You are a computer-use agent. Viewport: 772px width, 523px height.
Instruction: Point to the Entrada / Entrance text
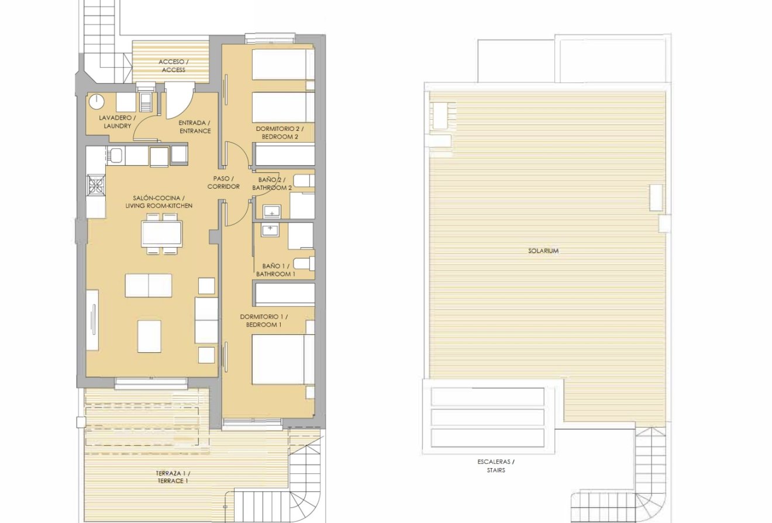point(194,127)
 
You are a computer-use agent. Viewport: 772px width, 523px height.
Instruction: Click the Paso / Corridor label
point(223,182)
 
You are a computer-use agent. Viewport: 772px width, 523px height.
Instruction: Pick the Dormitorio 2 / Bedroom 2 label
point(280,132)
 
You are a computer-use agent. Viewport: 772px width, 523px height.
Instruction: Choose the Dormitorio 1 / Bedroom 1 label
point(264,320)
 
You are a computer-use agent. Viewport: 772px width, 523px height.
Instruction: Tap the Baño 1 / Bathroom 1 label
point(275,269)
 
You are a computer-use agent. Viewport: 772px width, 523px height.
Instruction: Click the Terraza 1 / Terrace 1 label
point(173,477)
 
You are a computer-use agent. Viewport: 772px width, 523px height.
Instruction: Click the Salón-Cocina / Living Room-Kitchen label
point(158,202)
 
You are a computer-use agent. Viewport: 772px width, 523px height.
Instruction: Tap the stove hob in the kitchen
point(95,186)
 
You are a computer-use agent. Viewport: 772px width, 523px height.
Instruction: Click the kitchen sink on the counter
point(116,155)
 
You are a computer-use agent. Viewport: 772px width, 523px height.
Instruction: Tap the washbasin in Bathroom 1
point(271,230)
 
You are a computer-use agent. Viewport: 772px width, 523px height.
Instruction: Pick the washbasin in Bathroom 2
point(271,212)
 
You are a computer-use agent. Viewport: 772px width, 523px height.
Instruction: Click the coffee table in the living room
point(149,336)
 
